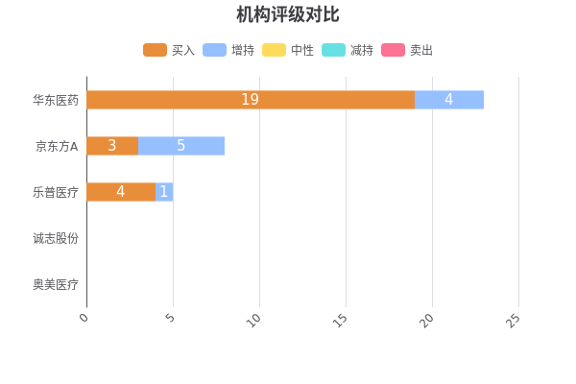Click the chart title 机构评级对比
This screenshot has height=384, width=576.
(287, 14)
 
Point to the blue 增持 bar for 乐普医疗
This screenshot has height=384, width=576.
(164, 192)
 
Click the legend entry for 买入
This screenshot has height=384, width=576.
(169, 50)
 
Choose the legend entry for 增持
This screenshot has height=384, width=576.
(228, 50)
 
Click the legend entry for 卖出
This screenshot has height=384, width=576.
(407, 50)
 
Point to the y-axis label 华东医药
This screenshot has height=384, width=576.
(55, 100)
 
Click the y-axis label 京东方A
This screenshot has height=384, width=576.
(57, 146)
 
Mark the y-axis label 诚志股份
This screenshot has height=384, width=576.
(55, 238)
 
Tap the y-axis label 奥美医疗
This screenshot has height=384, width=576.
(55, 284)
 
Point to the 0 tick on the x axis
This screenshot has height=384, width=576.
(84, 318)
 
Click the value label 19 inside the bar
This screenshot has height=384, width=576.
(250, 100)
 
